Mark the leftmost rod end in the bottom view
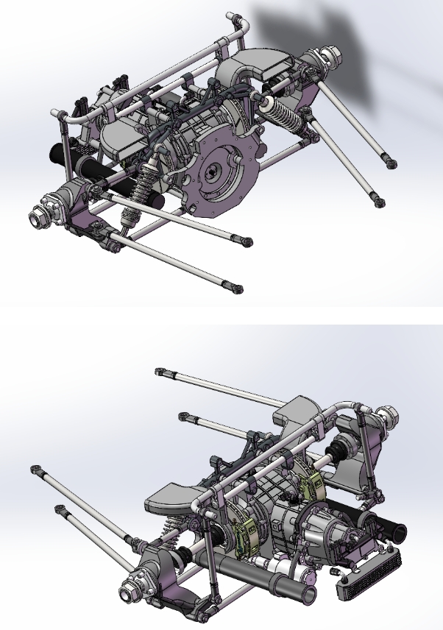coord(34,469)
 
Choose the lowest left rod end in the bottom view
coord(60,509)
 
